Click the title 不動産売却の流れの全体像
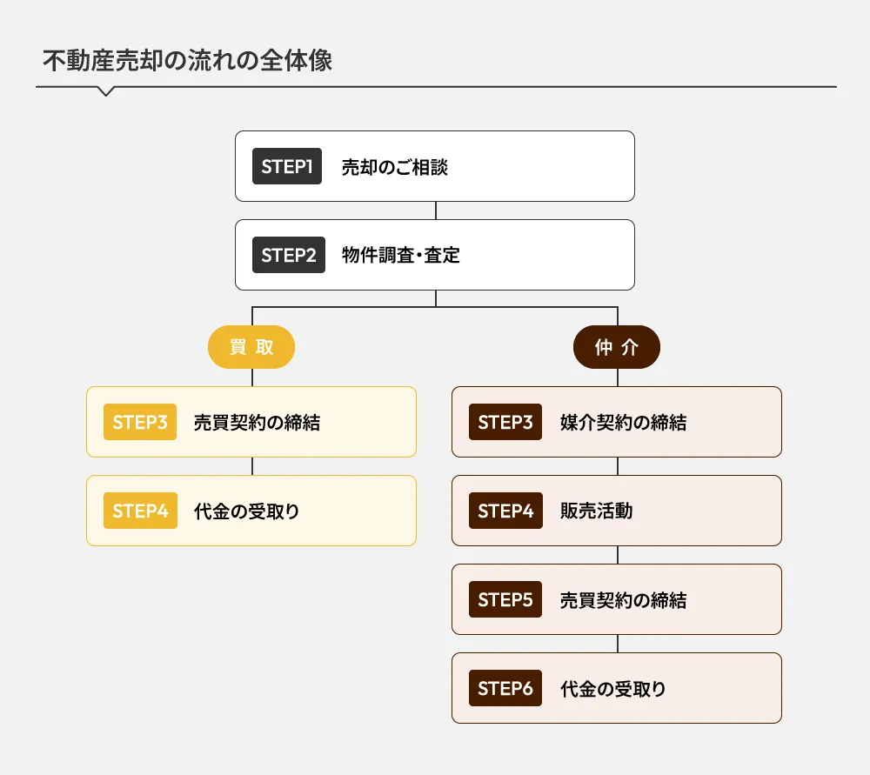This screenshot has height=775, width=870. click(187, 62)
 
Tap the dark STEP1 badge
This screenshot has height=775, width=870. click(287, 166)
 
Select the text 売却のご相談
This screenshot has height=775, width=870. click(394, 167)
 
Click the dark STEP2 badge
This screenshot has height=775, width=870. click(289, 255)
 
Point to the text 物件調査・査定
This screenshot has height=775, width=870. click(400, 256)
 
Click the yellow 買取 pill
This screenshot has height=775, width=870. click(251, 348)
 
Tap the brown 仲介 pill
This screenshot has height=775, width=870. click(617, 348)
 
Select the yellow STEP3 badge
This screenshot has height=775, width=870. click(139, 422)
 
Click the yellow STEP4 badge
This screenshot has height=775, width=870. click(139, 511)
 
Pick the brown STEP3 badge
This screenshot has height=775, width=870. click(505, 422)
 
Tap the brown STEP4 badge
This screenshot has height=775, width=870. click(505, 511)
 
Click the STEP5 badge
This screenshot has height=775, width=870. click(505, 599)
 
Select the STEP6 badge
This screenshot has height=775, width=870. click(505, 689)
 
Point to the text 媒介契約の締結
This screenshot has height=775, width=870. click(623, 423)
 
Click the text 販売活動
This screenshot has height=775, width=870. click(596, 511)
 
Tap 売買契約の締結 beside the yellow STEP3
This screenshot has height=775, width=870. click(257, 423)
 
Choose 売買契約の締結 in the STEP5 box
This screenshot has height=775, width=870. click(623, 600)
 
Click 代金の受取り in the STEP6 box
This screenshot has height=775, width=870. click(613, 690)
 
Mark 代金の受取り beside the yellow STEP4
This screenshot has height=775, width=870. click(246, 511)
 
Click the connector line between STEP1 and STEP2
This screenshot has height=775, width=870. click(436, 210)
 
